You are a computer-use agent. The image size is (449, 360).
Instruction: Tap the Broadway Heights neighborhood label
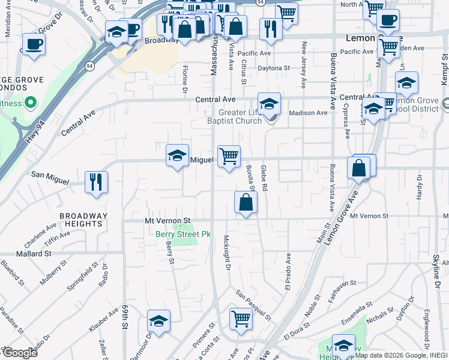tap(83, 220)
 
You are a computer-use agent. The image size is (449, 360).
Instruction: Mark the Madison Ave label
tap(308, 113)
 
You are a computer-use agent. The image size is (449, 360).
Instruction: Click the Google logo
tap(20, 353)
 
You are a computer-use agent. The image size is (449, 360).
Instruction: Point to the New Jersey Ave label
tap(304, 63)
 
